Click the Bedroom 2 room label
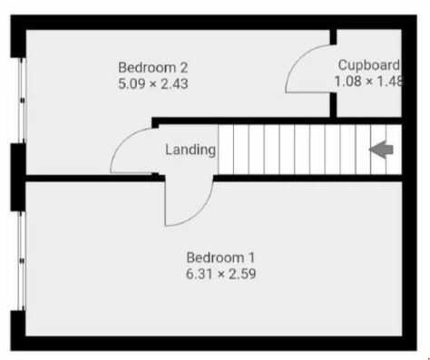pyautogui.click(x=153, y=67)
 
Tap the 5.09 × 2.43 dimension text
pyautogui.click(x=153, y=83)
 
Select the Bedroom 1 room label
pyautogui.click(x=220, y=258)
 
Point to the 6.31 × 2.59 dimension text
pyautogui.click(x=220, y=274)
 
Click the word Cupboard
pyautogui.click(x=369, y=65)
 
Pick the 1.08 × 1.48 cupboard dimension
pyautogui.click(x=368, y=81)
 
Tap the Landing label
pyautogui.click(x=191, y=150)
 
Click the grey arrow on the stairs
pyautogui.click(x=381, y=150)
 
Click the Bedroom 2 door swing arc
pyautogui.click(x=124, y=141)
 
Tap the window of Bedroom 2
pyautogui.click(x=22, y=100)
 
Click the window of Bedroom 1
pyautogui.click(x=22, y=260)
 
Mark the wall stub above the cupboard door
pyautogui.click(x=333, y=37)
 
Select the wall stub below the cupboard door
pyautogui.click(x=333, y=105)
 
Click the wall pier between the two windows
pyautogui.click(x=18, y=177)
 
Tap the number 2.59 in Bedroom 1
pyautogui.click(x=242, y=274)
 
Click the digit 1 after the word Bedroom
pyautogui.click(x=251, y=258)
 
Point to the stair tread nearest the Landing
pyautogui.click(x=226, y=150)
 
